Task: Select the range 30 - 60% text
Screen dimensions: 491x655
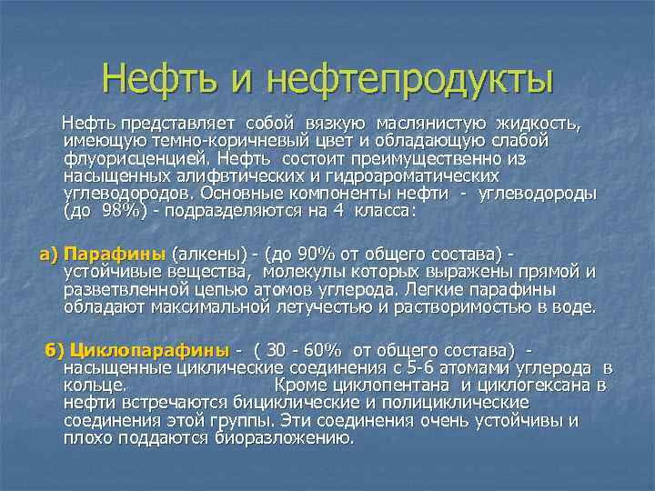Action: coord(300,351)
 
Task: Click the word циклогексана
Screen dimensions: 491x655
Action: coord(533,386)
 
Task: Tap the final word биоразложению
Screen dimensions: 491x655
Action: coord(285,437)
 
